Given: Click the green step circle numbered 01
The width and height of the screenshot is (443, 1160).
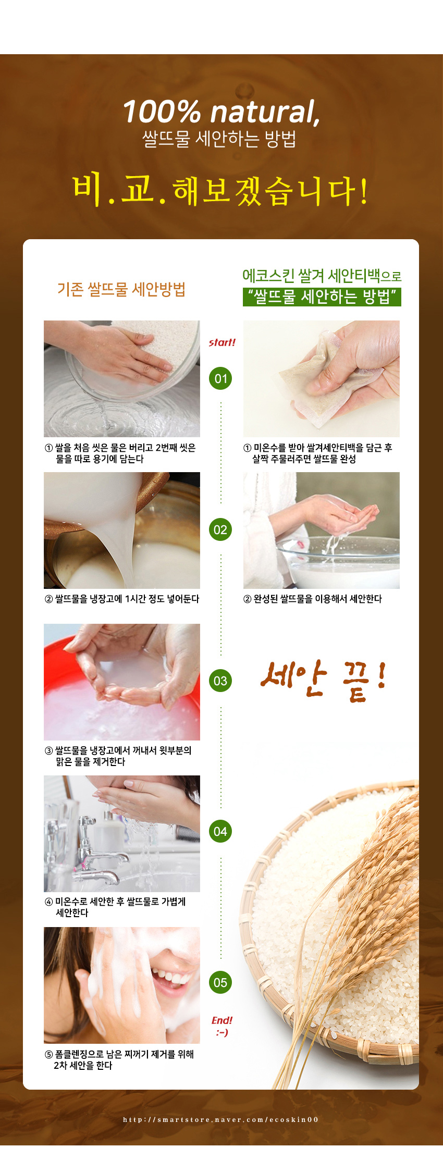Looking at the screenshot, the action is [x=220, y=379].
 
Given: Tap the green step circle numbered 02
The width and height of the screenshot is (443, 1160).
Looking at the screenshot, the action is [x=220, y=530].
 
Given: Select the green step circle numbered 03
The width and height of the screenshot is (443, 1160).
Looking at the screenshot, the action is [x=220, y=681].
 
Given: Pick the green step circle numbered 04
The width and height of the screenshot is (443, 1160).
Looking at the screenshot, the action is [x=220, y=832].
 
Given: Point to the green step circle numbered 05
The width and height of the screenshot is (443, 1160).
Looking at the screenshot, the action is [x=220, y=983].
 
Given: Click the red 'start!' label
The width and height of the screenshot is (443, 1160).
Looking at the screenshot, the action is [x=222, y=342].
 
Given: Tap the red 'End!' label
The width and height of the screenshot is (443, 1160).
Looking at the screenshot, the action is [x=222, y=1020].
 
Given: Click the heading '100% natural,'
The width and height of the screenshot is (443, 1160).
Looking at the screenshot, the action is [x=221, y=112].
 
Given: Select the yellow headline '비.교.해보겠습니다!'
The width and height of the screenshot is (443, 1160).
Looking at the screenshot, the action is [x=220, y=191].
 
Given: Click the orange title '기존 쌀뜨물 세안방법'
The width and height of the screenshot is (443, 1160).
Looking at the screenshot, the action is [x=121, y=289].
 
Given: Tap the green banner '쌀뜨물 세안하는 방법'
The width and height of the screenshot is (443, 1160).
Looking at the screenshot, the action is [x=322, y=297].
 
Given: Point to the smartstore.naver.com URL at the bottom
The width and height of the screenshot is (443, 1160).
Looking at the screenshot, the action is [x=221, y=1120].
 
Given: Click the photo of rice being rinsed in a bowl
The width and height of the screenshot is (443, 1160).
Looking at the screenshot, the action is [x=122, y=379].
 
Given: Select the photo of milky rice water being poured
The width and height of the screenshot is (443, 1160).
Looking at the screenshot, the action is [x=122, y=530].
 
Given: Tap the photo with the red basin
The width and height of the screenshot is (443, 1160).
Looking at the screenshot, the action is [x=122, y=682].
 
